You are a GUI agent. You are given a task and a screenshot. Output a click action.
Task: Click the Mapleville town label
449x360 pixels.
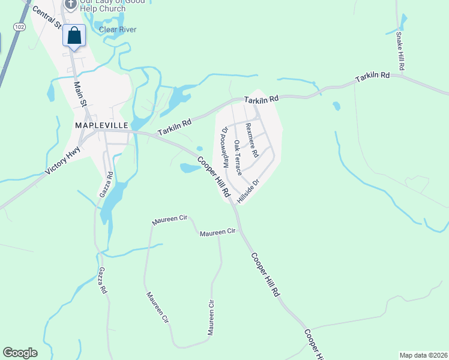101,125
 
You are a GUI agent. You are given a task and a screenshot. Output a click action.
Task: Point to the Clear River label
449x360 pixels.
118,29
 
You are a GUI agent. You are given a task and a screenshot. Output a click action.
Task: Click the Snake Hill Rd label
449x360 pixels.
400,50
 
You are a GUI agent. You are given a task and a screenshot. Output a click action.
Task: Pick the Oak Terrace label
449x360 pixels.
238,157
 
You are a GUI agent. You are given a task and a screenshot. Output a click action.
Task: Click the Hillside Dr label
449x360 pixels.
248,192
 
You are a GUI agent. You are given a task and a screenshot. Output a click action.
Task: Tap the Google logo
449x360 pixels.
20,353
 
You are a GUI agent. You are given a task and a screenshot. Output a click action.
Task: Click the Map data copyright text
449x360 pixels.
423,355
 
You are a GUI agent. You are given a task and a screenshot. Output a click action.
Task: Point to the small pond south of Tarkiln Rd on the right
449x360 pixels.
336,106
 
